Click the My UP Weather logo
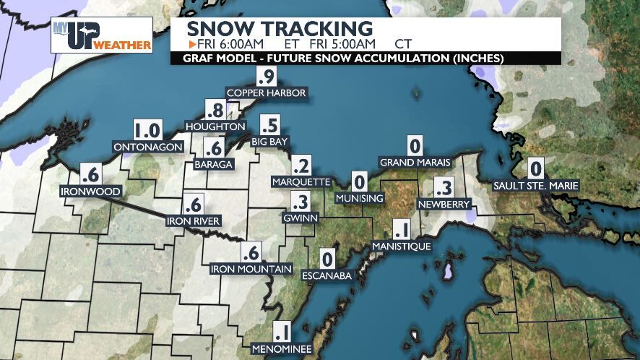coord(101,35)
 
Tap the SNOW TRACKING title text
coord(280,29)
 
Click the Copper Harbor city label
coord(267,93)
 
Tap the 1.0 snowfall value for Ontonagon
coord(147,131)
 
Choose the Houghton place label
coord(215,127)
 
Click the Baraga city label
coord(213,164)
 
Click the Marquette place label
coord(302,181)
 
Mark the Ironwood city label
coord(90,192)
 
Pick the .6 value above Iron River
coord(193,204)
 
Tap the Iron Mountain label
coord(251,269)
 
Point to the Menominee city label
coord(282,349)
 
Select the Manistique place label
coord(401,247)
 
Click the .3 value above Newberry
coord(444,188)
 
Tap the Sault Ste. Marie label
coord(535,186)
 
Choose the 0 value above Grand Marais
coord(415,145)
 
